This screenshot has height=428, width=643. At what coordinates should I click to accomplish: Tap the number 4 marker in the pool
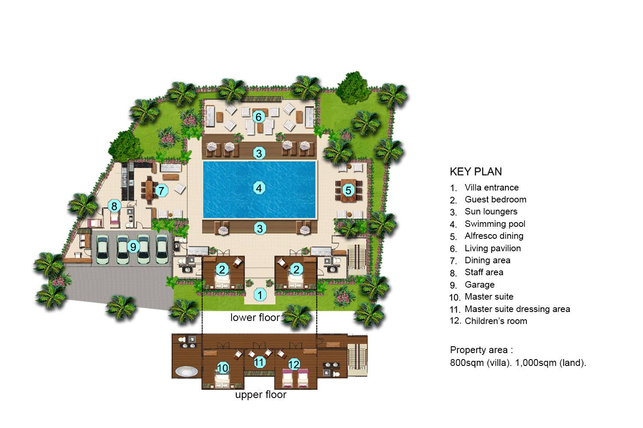tap(258, 187)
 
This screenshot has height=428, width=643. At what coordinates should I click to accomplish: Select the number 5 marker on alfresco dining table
tap(348, 190)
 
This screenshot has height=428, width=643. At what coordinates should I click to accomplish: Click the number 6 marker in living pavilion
tap(258, 116)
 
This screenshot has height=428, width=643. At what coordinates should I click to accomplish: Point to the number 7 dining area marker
tap(161, 190)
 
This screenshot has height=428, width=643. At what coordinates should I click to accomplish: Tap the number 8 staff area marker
tap(114, 206)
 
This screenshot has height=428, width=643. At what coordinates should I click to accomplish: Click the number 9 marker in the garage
tap(133, 247)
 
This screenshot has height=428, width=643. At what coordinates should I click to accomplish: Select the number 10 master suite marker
tap(222, 368)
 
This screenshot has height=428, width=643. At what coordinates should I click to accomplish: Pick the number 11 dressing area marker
tap(259, 362)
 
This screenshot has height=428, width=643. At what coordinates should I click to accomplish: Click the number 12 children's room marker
tap(294, 365)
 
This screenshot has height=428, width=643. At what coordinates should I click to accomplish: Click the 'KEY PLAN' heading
tap(475, 172)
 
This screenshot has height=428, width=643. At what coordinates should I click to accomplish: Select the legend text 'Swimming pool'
tap(495, 224)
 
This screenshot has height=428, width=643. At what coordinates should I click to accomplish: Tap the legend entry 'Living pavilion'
tap(493, 248)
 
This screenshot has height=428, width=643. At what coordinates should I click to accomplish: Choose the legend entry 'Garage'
tap(479, 285)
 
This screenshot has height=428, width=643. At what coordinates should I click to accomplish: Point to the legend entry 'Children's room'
tap(496, 321)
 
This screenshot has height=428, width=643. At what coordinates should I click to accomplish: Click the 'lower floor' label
tap(255, 317)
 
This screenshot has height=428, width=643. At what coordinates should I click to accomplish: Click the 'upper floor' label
tap(261, 395)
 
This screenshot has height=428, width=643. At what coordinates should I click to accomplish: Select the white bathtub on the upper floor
tap(187, 371)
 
